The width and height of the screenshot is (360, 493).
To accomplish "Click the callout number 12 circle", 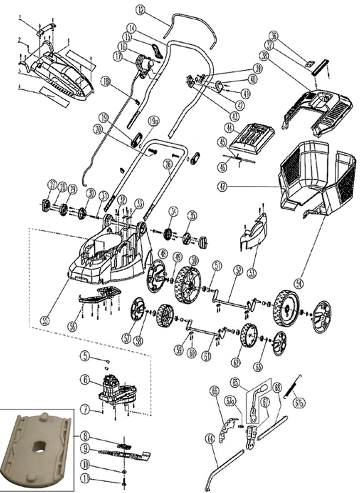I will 140,10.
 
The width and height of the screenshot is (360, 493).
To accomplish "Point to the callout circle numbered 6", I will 86,379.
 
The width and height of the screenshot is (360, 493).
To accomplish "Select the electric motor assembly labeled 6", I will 116,390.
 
